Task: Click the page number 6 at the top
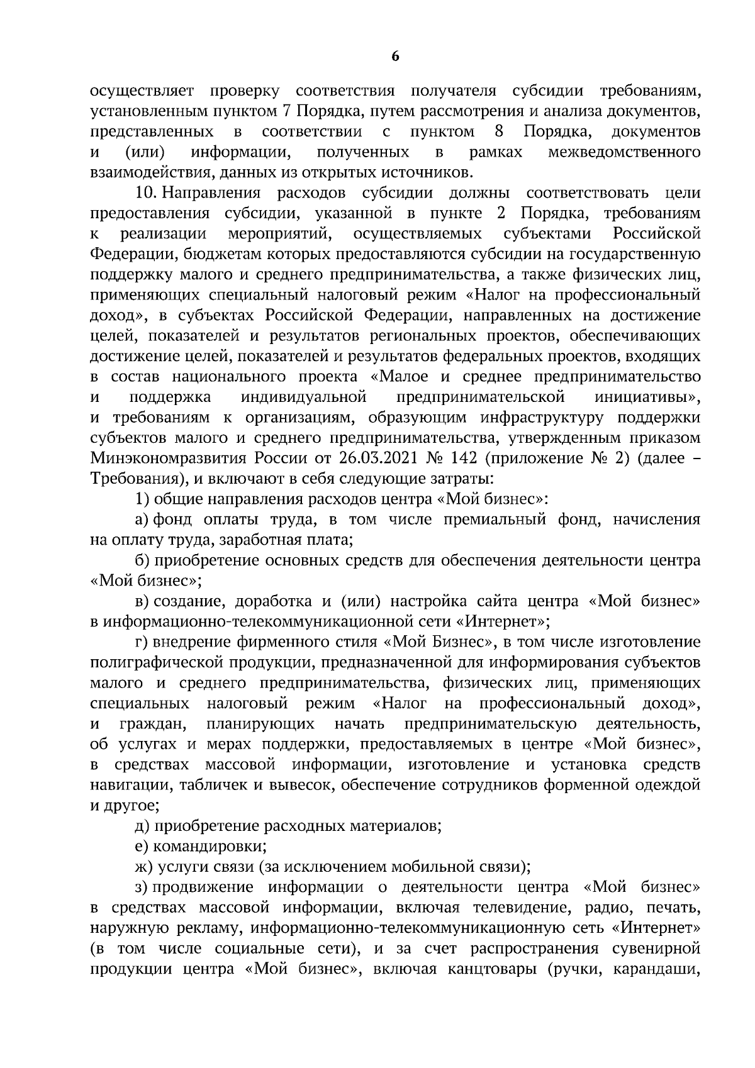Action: click(x=394, y=57)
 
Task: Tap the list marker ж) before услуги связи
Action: click(x=145, y=867)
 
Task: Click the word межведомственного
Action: click(x=624, y=152)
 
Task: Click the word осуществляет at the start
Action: click(x=143, y=91)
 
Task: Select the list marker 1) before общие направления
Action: click(x=142, y=499)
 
